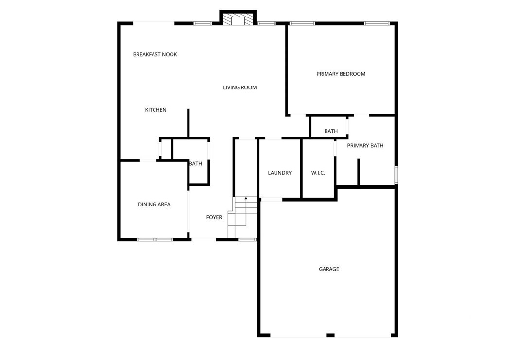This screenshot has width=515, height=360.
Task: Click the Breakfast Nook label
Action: pos(155,54)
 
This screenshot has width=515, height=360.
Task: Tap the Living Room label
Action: pos(240,87)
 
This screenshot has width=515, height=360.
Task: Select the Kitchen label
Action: pos(155,110)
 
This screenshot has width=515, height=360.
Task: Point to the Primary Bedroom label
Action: pos(341,74)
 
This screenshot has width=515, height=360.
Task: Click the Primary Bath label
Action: pos(365,146)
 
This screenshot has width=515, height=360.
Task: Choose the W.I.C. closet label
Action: pos(318,173)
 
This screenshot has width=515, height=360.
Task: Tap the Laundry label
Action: pos(279,173)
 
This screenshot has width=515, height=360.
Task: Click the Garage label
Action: pos(329,269)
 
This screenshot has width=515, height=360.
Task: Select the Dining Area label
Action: pos(154,205)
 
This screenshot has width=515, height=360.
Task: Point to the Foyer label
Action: pos(214,217)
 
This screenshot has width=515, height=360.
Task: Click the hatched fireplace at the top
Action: pos(238,19)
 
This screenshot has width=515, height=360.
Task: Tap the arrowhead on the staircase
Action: pos(246,198)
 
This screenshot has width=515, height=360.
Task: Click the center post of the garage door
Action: pos(330,335)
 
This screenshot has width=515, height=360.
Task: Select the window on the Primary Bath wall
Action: pos(396,175)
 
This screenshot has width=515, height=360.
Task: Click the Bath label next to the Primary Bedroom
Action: pos(331,131)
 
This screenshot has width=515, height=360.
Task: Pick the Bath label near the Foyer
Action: pos(196,164)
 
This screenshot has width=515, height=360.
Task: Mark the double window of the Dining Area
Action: pos(155,240)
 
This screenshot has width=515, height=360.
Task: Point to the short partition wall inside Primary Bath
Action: pos(359,172)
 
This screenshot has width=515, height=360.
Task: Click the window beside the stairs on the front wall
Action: pos(247,240)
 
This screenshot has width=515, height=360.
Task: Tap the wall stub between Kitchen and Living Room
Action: pos(189,123)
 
